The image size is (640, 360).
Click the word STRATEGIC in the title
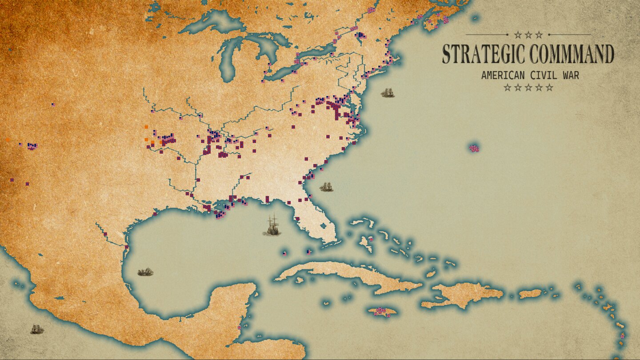(x=484, y=54)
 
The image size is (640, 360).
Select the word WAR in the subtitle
(x=570, y=76)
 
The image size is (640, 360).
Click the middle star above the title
(x=528, y=35)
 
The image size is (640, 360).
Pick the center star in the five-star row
(x=528, y=88)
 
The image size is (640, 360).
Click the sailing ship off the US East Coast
(x=388, y=93)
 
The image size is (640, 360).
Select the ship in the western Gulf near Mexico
(x=145, y=272)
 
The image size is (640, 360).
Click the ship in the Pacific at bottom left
(x=37, y=329)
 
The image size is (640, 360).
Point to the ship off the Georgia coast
(x=326, y=187)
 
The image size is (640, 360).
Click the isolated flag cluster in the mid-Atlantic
(x=474, y=148)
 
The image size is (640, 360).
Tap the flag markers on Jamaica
(x=381, y=311)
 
